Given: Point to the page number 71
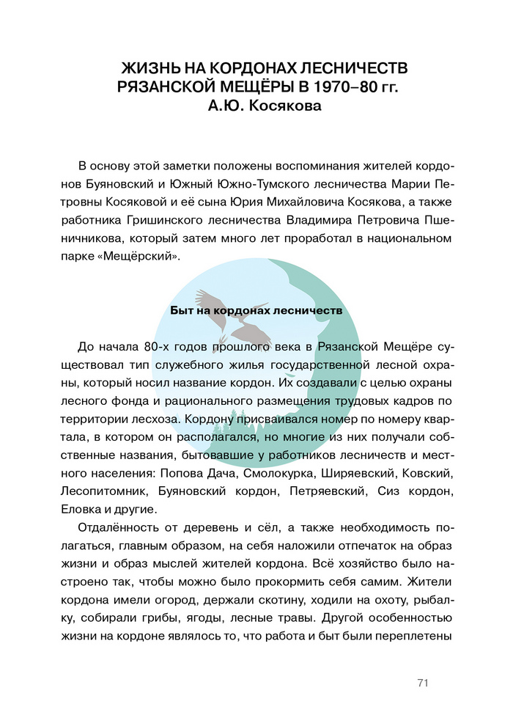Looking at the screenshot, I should point(422,683).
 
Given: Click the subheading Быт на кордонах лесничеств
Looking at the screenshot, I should point(256,310).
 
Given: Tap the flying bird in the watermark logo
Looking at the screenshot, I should point(220,302).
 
